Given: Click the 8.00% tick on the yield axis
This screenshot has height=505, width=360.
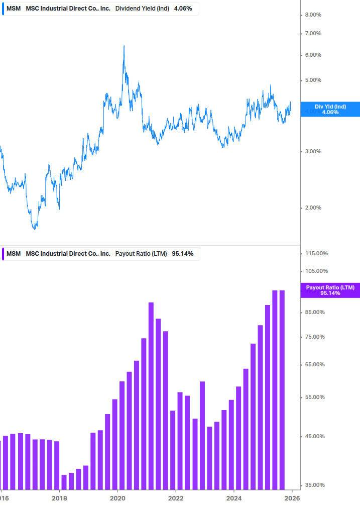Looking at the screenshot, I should point(313,15).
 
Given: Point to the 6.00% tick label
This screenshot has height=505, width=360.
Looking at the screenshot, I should point(313,55).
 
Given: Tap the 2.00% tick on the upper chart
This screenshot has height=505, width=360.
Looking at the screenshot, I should point(313,208).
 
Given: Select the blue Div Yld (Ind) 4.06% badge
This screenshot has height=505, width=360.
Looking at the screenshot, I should point(330,109).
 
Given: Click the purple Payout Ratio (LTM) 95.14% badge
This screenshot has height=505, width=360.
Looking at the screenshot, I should point(330,290).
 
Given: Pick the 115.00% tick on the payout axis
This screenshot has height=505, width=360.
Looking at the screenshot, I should point(316,254).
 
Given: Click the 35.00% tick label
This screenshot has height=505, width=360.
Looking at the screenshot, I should point(315,485).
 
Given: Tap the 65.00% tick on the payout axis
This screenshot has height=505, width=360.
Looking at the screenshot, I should point(315,364).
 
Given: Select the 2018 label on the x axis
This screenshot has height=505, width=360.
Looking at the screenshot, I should point(59,498).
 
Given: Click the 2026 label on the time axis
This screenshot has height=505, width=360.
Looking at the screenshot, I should point(292,498).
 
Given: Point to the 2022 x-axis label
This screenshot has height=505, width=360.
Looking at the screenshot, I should point(176,498).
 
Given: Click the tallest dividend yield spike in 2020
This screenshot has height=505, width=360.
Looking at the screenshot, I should point(124,46).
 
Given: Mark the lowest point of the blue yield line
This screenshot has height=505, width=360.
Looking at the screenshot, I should point(35,229).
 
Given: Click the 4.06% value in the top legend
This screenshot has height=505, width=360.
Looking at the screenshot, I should point(183,9).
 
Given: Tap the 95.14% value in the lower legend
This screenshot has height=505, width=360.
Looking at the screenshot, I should point(182,254).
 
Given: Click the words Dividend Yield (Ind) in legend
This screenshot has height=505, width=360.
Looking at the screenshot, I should point(143,9).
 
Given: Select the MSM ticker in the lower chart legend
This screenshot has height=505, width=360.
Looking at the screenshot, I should point(14,254).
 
